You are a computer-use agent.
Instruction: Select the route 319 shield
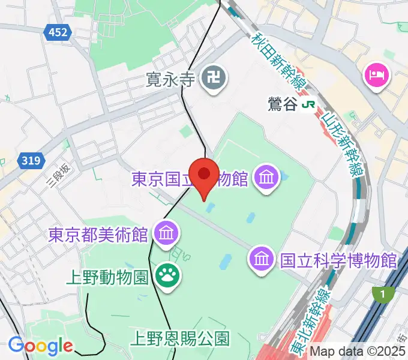pyautogui.click(x=30, y=160)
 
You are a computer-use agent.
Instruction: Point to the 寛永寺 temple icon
pyautogui.click(x=211, y=78)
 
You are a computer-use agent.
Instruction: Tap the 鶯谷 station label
pyautogui.click(x=283, y=104)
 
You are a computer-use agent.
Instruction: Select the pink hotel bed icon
pyautogui.click(x=377, y=75)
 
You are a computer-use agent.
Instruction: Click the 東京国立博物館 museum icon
pyautogui.click(x=265, y=177)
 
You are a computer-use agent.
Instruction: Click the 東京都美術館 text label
pyautogui.click(x=98, y=233)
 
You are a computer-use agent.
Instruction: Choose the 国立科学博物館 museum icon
pyautogui.click(x=262, y=259)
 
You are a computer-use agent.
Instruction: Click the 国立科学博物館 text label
pyautogui.click(x=338, y=260)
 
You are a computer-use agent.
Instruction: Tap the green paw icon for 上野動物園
pyautogui.click(x=164, y=276)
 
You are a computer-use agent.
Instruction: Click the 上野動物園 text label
pyautogui.click(x=107, y=277)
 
